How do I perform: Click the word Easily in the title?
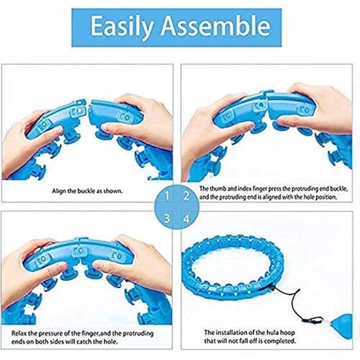[122, 27]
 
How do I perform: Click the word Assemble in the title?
[216, 26]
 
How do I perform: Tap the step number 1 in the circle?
[167, 196]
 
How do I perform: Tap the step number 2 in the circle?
[186, 196]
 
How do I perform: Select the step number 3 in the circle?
[167, 219]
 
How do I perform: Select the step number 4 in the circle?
[186, 219]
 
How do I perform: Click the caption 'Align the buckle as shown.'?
[87, 192]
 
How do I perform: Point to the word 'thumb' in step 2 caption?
[217, 189]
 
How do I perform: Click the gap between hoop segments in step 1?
[88, 110]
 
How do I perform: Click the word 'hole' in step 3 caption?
[110, 341]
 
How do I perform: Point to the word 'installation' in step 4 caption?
[235, 333]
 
